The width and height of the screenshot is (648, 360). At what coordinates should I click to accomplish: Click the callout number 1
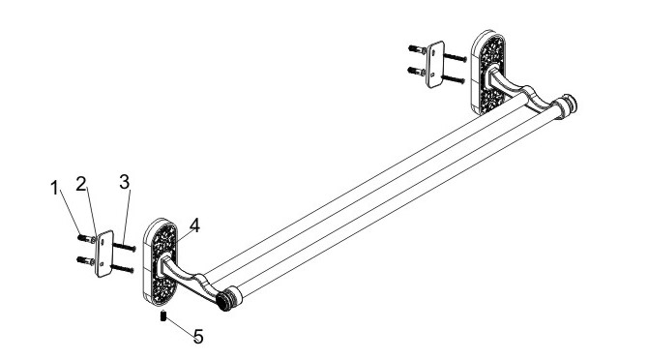(54, 189)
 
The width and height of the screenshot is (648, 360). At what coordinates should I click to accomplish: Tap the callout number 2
(81, 184)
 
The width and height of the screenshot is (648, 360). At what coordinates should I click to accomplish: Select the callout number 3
(125, 182)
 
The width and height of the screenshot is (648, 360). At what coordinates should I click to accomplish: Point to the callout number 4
(194, 225)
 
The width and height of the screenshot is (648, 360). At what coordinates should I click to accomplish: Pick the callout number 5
(199, 337)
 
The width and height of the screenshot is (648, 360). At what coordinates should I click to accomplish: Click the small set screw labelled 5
(163, 316)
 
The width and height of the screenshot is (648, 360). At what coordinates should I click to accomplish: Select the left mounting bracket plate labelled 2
(104, 254)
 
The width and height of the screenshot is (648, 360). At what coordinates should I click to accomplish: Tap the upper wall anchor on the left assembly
(86, 238)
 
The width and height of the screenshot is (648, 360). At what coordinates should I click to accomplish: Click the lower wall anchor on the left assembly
(86, 260)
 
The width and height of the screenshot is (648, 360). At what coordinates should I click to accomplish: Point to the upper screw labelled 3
(125, 247)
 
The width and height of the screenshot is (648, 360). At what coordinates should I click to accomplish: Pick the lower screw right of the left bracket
(122, 268)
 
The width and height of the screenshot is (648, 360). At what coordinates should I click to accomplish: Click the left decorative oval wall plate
(161, 262)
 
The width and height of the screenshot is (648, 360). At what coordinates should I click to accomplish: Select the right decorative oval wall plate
(488, 73)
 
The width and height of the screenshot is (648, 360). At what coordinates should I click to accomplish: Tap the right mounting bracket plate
(435, 65)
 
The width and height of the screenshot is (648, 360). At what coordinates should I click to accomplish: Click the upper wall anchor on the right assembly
(418, 49)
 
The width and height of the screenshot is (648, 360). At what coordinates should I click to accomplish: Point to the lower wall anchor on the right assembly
(417, 71)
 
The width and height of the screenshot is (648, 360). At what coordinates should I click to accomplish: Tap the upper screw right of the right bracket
(456, 57)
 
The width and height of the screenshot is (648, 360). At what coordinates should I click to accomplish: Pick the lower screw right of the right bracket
(454, 79)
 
